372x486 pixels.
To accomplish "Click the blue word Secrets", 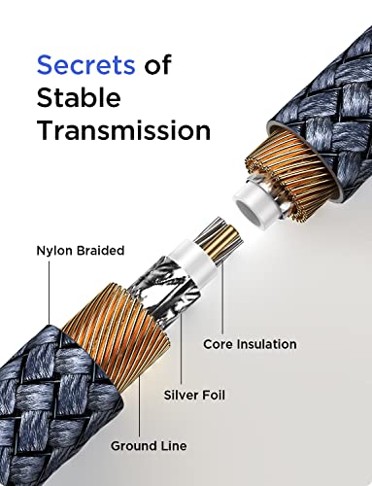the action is point(85,65).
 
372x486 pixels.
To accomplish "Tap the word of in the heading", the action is point(157,65).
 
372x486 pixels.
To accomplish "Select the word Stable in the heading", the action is point(79,97).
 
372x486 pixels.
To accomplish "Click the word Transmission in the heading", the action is point(123,130).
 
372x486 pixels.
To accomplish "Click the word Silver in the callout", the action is point(182,395).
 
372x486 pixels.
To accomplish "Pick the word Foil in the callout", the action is point(214,395).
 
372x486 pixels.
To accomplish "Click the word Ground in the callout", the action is point(134,446).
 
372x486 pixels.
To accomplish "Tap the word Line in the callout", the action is point(174,446).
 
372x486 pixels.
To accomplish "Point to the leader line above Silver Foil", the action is point(181,347).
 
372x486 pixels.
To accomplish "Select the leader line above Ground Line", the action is point(140,405).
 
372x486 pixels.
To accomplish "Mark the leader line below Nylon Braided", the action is point(50,293).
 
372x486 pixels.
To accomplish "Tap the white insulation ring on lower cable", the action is point(195,260).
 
